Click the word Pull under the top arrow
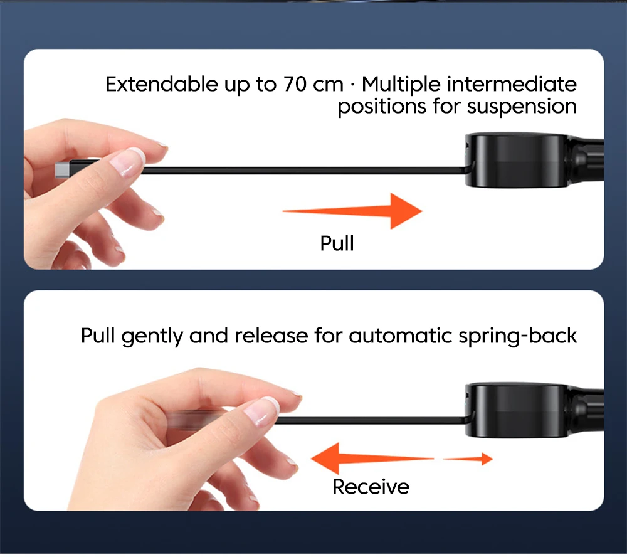[x=337, y=243]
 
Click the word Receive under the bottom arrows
[x=371, y=487]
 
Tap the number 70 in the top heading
[x=295, y=85]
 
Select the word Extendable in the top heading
[x=162, y=85]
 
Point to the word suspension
[x=522, y=107]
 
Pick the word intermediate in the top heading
[x=512, y=85]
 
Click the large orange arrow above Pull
[x=352, y=211]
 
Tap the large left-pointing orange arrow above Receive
[x=372, y=459]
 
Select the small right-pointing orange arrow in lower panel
[x=468, y=459]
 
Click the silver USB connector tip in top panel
[x=62, y=169]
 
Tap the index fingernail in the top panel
[x=128, y=161]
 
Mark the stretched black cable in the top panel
[x=304, y=171]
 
